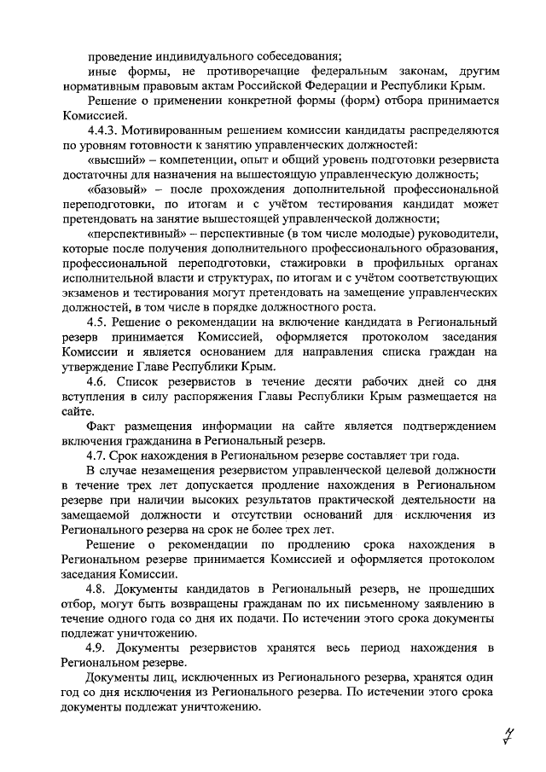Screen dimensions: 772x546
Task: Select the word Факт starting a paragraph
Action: click(x=102, y=426)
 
